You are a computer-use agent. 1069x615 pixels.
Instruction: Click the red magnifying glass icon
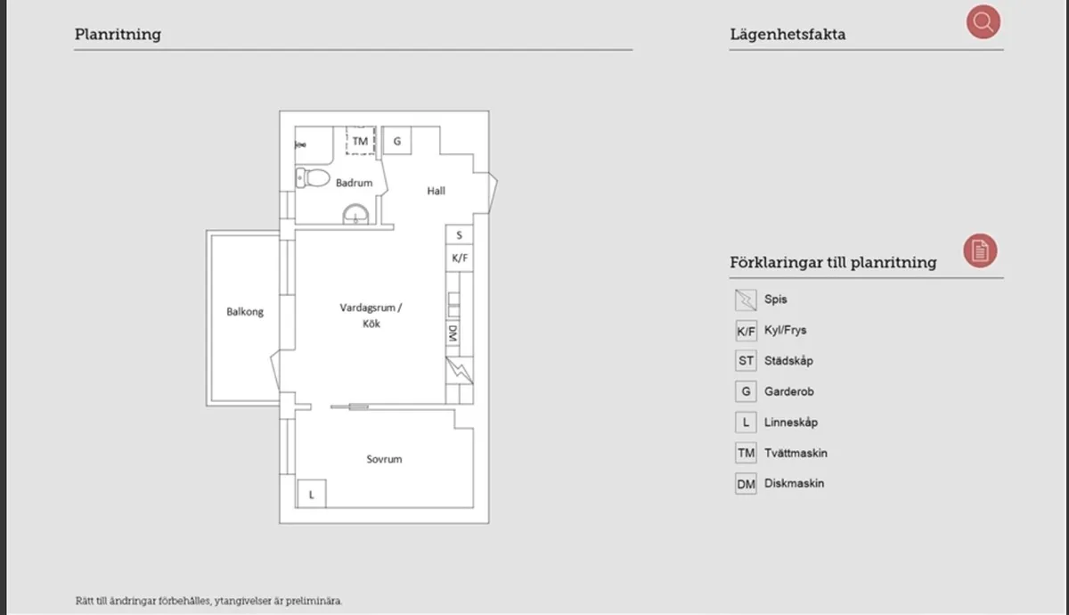[x=983, y=22]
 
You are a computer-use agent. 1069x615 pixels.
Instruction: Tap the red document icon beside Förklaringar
[x=980, y=251]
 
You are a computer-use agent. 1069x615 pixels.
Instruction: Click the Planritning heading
[x=118, y=35]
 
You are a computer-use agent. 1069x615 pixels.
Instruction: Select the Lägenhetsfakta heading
[x=787, y=35]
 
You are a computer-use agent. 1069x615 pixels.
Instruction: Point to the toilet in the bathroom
[x=312, y=177]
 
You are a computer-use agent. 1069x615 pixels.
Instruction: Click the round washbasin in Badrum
[x=356, y=215]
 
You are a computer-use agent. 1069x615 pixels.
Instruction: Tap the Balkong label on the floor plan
[x=245, y=312]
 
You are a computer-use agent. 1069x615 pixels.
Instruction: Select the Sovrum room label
[x=384, y=459]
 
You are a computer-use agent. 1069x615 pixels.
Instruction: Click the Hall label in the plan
[x=436, y=191]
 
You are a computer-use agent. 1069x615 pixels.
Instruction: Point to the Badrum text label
[x=354, y=183]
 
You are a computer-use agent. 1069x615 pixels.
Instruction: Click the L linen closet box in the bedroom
[x=311, y=494]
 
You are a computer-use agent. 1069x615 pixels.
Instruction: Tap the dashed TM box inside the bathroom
[x=360, y=142]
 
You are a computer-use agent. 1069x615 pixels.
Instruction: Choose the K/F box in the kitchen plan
[x=460, y=258]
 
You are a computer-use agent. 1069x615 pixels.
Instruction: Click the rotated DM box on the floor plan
[x=453, y=333]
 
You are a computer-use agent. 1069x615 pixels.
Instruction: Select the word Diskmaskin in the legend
[x=794, y=484]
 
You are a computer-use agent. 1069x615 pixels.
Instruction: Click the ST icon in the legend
[x=746, y=361]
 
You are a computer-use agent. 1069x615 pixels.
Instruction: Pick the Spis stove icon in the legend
[x=746, y=300]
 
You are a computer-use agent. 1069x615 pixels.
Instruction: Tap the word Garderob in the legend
[x=788, y=391]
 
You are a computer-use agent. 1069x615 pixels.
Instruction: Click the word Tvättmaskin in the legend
[x=796, y=453]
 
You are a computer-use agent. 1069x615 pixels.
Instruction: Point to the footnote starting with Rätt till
[x=208, y=601]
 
